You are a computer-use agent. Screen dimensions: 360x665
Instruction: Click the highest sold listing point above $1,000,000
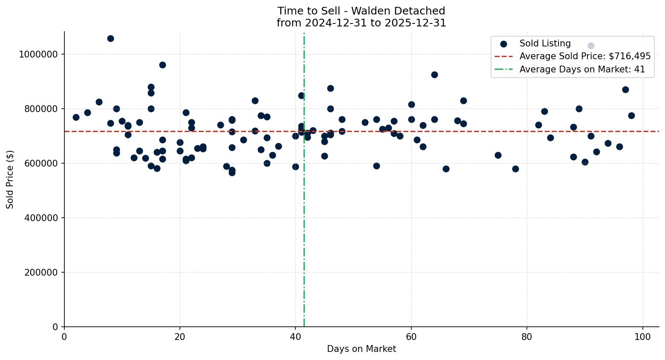click(x=110, y=39)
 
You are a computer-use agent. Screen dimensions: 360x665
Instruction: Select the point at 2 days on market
click(x=76, y=117)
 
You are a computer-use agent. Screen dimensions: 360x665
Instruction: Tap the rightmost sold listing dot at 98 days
click(x=631, y=115)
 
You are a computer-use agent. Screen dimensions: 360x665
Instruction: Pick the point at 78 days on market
click(x=515, y=169)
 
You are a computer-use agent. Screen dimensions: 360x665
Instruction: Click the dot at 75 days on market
click(x=498, y=155)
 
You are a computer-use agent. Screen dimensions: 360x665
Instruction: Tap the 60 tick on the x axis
click(x=411, y=337)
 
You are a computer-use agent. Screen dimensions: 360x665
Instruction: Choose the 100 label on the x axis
click(x=643, y=337)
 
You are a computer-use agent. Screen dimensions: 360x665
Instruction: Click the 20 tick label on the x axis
click(x=180, y=337)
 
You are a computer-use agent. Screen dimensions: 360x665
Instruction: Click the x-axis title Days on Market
click(x=361, y=349)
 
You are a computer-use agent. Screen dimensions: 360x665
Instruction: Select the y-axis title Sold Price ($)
click(x=10, y=179)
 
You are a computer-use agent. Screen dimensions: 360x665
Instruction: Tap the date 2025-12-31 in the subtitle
click(x=415, y=23)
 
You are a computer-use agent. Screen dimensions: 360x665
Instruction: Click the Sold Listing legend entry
click(x=545, y=43)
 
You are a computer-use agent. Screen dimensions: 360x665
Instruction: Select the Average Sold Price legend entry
click(x=585, y=56)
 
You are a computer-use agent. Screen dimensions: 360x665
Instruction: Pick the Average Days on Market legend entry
click(x=582, y=69)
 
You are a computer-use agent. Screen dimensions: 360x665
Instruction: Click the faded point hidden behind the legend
click(x=591, y=46)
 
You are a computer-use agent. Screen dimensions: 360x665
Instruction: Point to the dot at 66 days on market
click(x=446, y=169)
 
